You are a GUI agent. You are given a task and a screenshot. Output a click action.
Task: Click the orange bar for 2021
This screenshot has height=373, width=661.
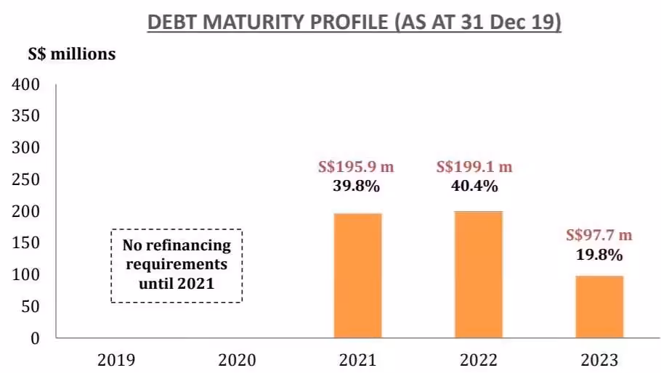[x=357, y=275]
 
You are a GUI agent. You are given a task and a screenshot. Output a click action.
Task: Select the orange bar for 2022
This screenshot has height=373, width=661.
[x=478, y=274]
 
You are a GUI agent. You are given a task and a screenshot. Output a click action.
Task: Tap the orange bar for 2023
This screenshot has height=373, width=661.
[x=599, y=306]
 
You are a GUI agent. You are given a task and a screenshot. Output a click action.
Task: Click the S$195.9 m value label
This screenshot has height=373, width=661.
[x=356, y=167]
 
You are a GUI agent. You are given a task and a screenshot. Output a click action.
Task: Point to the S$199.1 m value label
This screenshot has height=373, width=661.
[x=474, y=167]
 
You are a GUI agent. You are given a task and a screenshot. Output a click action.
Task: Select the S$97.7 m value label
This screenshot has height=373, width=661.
[x=599, y=235]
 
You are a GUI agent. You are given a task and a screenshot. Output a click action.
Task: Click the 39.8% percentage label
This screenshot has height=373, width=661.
[x=356, y=186]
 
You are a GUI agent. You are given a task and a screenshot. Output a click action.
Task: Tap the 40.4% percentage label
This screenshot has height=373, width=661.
[x=474, y=186]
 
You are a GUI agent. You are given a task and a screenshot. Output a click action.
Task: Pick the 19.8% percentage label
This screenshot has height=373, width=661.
[x=599, y=255]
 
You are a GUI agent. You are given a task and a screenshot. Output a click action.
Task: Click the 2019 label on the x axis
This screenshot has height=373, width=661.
[x=116, y=359]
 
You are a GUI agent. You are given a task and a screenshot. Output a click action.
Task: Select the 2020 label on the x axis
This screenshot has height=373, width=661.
[x=237, y=359]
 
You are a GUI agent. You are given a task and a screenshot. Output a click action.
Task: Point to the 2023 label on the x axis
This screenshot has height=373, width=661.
[x=599, y=359]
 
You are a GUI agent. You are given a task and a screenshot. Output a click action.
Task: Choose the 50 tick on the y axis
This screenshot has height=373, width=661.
[x=30, y=307]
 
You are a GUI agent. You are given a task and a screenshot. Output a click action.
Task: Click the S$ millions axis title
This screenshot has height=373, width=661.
[x=72, y=54]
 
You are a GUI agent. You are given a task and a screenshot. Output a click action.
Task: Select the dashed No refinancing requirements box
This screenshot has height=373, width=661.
[x=177, y=265]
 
